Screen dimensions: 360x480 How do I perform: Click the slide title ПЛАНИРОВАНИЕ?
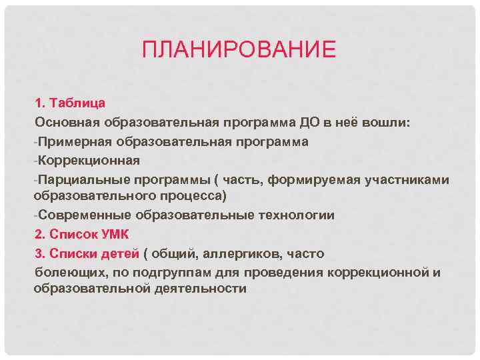[x=239, y=50]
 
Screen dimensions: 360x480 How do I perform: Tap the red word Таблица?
[x=77, y=104]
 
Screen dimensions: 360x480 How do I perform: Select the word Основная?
[x=66, y=123]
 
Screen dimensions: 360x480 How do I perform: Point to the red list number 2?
[x=38, y=234]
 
